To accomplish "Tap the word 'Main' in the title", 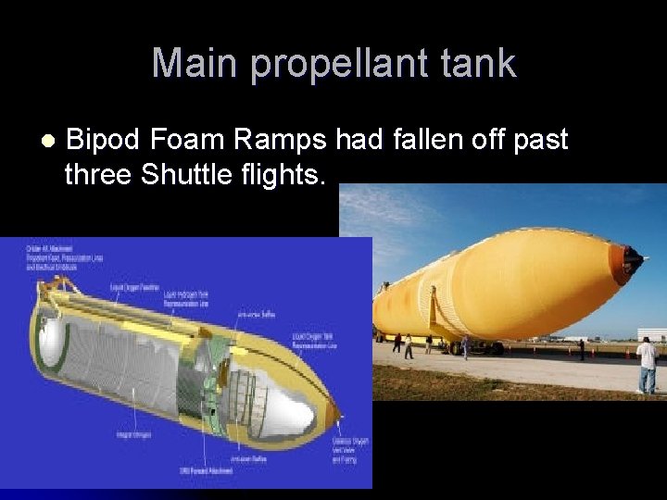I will pyautogui.click(x=195, y=64).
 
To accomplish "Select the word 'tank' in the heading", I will pyautogui.click(x=479, y=64).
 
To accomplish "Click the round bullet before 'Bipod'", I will pyautogui.click(x=47, y=142).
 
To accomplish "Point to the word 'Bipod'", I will pyautogui.click(x=105, y=141).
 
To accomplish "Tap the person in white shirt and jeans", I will pyautogui.click(x=647, y=364).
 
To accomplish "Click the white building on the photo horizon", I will pyautogui.click(x=651, y=334).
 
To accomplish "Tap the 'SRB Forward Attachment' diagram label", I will pyautogui.click(x=207, y=471).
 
